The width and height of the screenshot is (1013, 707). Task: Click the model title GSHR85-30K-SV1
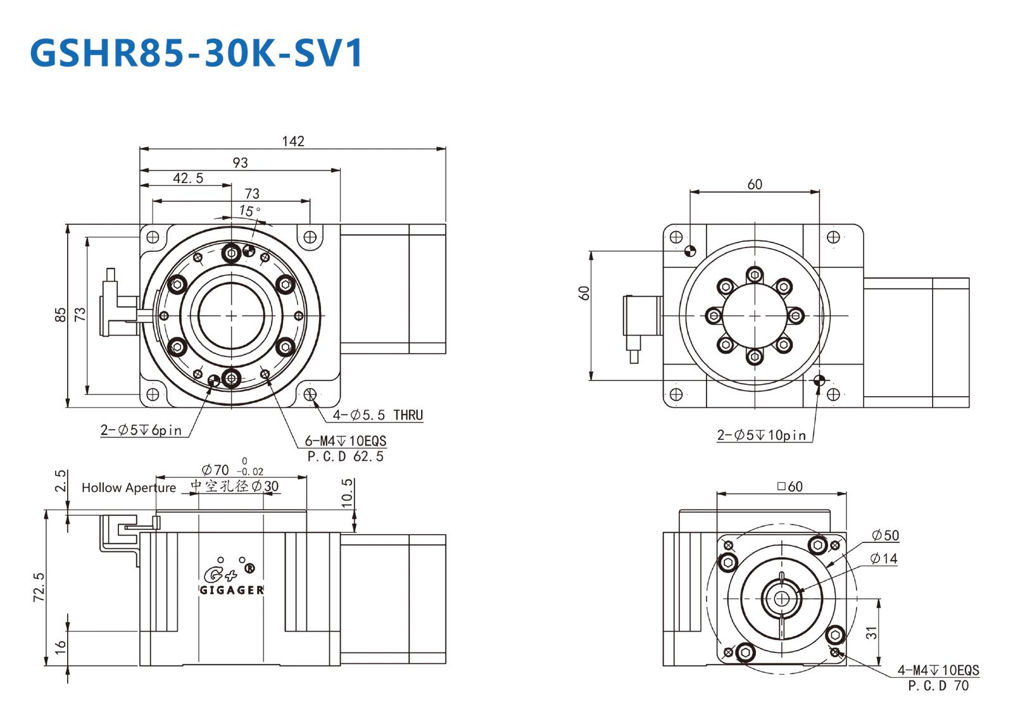coord(196,53)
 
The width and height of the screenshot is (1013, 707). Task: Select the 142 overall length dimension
coord(293,142)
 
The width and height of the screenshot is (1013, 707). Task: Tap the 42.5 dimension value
coord(188,178)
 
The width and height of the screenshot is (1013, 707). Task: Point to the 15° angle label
coord(249,211)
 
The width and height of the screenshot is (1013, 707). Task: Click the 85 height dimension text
coord(60,315)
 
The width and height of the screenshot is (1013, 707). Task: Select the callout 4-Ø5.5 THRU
coord(378,415)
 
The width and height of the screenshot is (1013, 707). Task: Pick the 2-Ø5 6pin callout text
coord(141,430)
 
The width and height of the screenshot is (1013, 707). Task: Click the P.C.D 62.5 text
coord(346,456)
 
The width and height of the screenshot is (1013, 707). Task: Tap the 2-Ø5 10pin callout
coord(762,435)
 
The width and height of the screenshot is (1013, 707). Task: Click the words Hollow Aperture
coord(129,488)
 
